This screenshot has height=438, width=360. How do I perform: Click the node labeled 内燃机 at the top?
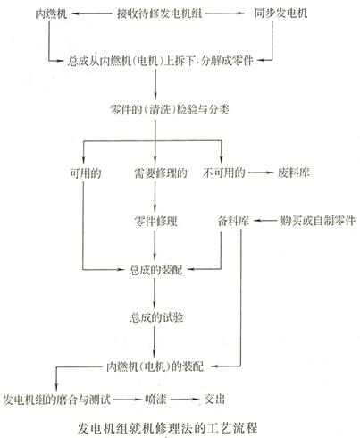coord(51,13)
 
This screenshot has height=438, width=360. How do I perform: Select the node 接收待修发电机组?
coord(160,13)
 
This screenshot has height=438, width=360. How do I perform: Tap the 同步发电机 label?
coord(280,13)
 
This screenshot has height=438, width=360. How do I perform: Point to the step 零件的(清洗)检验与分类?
coord(170,110)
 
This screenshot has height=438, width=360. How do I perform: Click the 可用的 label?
coord(86,173)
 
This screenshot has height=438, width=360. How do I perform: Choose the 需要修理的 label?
coord(161,173)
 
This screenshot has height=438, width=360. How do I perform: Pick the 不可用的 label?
coord(224,173)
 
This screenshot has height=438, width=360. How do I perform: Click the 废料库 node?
coord(294,173)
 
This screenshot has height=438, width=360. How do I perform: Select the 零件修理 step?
coord(155,222)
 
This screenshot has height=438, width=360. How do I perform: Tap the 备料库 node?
coord(233,221)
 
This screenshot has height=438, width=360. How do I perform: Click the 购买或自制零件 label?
coord(317,221)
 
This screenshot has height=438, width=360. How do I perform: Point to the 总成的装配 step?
coord(155,270)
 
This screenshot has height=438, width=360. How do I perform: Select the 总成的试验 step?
coord(156,317)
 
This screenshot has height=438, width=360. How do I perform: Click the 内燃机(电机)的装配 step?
coord(155,366)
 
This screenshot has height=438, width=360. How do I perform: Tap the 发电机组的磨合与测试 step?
coord(57,400)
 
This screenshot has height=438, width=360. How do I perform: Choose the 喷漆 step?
coord(155,400)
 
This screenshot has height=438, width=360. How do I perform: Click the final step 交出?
coord(214,400)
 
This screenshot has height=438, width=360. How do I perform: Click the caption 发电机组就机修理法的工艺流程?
coord(167,428)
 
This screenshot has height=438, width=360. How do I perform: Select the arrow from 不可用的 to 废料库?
coord(261,173)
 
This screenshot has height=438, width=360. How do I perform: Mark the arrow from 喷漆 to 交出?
coord(185,400)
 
